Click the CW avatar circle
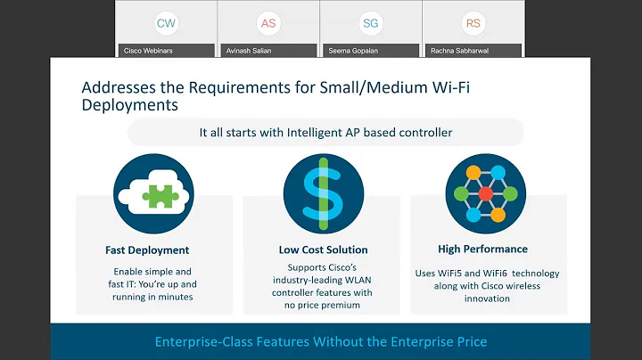(x=166, y=23)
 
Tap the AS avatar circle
(x=267, y=23)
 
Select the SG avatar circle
(x=370, y=23)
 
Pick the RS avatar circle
(x=473, y=23)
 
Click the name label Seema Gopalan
(x=351, y=50)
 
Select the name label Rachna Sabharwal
(x=457, y=50)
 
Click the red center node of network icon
(x=485, y=193)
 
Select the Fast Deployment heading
(x=146, y=250)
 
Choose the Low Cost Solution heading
(x=322, y=250)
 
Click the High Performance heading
(x=482, y=250)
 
